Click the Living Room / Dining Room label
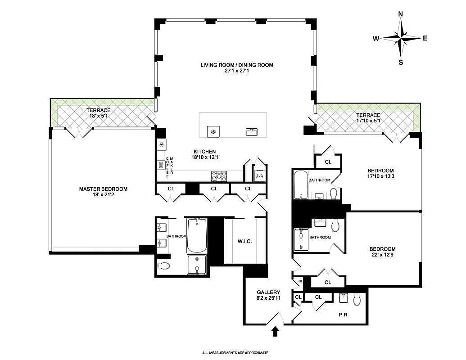pyautogui.click(x=236, y=65)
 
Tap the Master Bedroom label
pyautogui.click(x=103, y=189)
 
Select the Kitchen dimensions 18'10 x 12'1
pyautogui.click(x=205, y=157)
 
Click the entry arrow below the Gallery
pyautogui.click(x=275, y=331)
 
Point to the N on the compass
pyautogui.click(x=400, y=14)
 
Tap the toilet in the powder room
pyautogui.click(x=357, y=299)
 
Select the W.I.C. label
pyautogui.click(x=244, y=241)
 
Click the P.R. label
pyautogui.click(x=344, y=315)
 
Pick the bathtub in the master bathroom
pyautogui.click(x=196, y=235)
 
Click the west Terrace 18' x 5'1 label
pyautogui.click(x=99, y=113)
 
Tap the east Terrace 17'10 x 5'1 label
pyautogui.click(x=368, y=118)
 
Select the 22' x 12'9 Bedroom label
pyautogui.click(x=383, y=252)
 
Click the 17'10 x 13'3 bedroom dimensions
pyautogui.click(x=381, y=176)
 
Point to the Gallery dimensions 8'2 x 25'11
pyautogui.click(x=269, y=298)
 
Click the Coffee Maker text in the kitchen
pyautogui.click(x=169, y=167)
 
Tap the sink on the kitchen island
pyautogui.click(x=251, y=131)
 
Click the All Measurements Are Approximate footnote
pyautogui.click(x=235, y=353)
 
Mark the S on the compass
pyautogui.click(x=401, y=63)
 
